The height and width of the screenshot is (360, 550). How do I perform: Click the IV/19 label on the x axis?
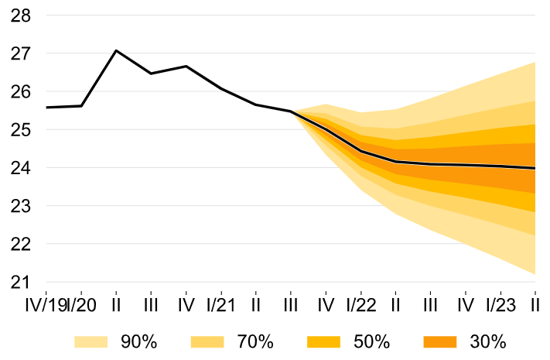tap(45, 303)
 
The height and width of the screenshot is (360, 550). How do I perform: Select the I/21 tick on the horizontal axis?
tap(221, 303)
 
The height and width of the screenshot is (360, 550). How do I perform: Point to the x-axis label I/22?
tap(360, 303)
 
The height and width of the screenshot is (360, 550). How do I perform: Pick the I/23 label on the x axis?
tap(500, 303)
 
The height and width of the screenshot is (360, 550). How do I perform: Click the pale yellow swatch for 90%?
tap(91, 341)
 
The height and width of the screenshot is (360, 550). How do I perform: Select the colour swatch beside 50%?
tap(323, 341)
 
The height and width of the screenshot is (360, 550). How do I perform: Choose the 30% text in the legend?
tap(488, 341)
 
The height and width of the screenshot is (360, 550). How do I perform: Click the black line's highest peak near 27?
tap(116, 50)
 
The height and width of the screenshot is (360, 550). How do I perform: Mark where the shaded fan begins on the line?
tap(291, 111)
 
